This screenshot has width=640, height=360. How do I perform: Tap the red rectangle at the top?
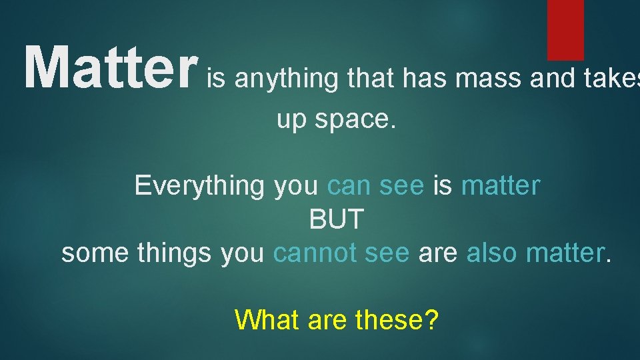(565, 29)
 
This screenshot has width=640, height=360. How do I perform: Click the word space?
(358, 120)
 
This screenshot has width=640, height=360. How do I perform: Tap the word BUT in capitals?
(337, 219)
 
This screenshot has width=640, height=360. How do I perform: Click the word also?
(493, 253)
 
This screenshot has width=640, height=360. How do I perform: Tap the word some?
(96, 254)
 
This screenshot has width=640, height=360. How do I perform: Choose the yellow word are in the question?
(328, 321)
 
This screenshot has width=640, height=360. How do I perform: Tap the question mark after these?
(432, 321)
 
